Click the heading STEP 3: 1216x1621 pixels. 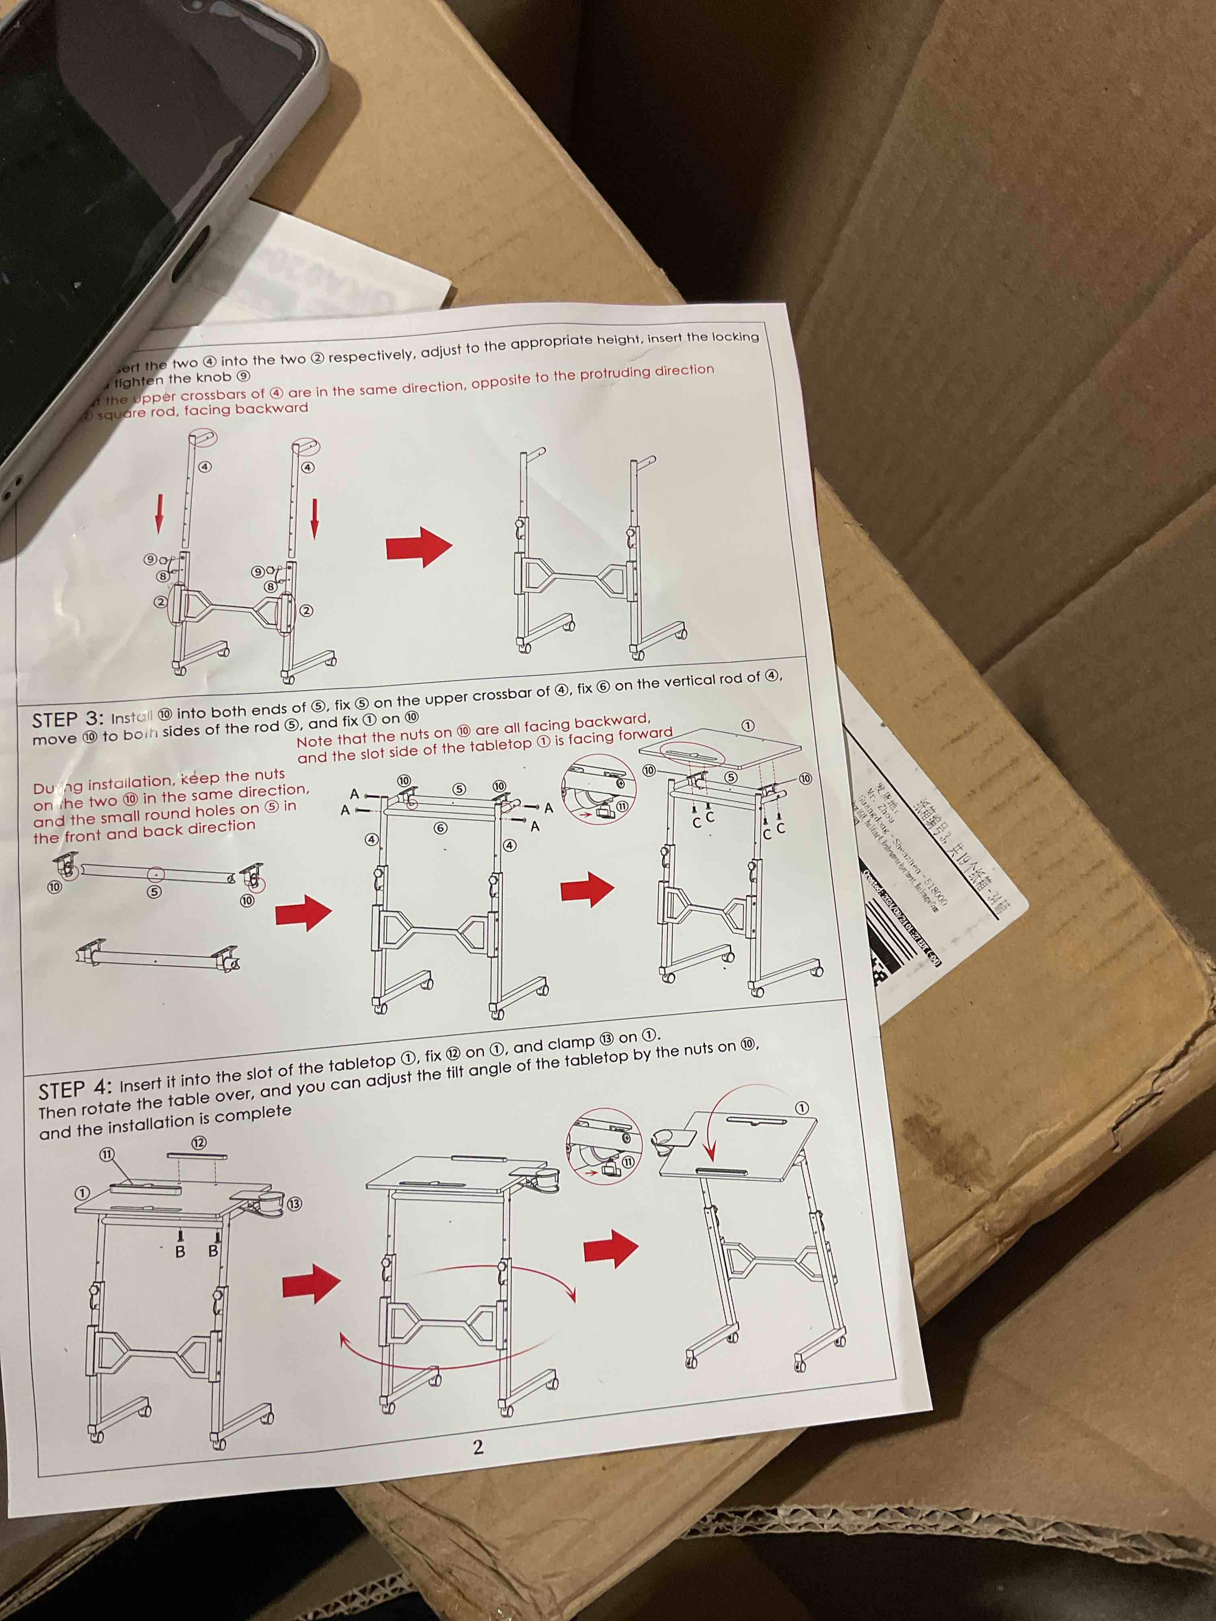click(68, 718)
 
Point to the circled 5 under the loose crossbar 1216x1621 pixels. click(154, 893)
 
